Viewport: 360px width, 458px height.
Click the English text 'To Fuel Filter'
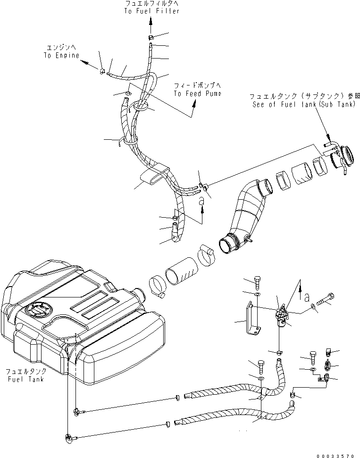[152, 11]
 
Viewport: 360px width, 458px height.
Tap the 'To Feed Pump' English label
[197, 93]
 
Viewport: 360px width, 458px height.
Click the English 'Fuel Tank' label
[25, 379]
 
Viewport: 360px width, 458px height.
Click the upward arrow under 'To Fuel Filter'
[151, 22]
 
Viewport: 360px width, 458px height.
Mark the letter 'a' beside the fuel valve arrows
[307, 298]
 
